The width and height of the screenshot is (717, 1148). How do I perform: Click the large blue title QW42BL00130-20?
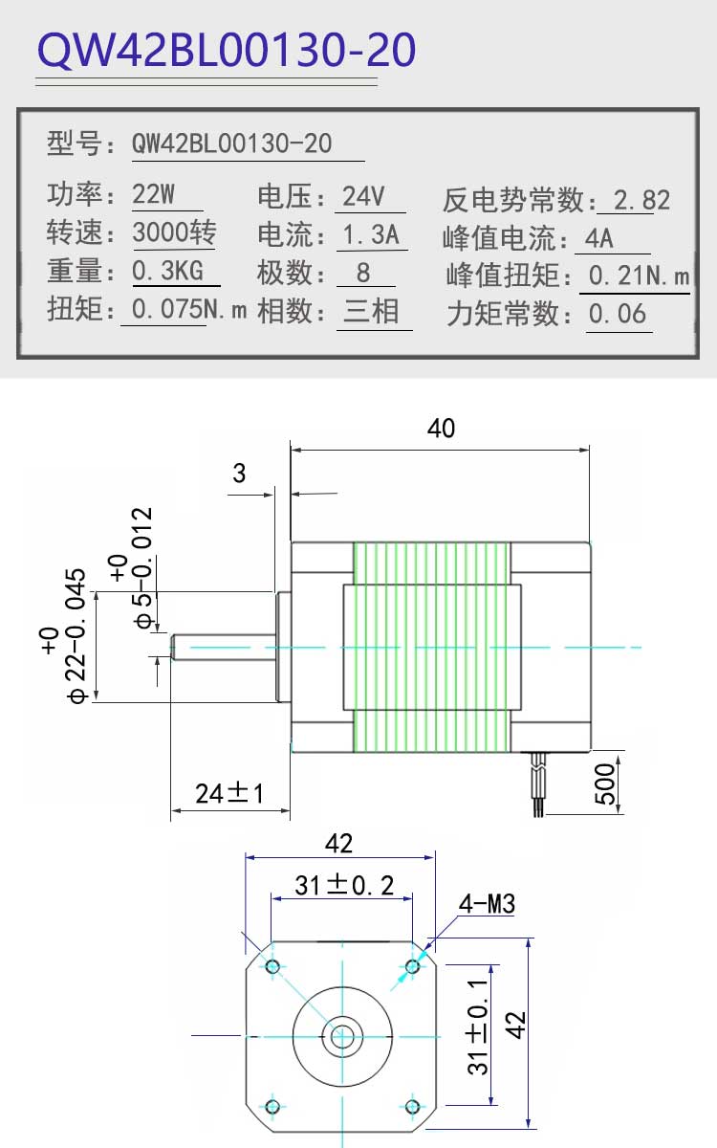click(x=227, y=50)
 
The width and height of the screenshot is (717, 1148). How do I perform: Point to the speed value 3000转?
click(x=175, y=232)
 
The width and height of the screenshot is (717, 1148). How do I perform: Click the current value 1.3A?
click(x=371, y=234)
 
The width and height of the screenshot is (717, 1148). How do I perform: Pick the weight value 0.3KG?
click(x=167, y=270)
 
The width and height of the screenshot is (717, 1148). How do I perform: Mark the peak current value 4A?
click(x=599, y=238)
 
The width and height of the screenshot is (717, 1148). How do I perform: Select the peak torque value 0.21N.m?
click(x=640, y=276)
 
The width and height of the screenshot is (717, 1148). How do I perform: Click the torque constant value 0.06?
click(x=618, y=314)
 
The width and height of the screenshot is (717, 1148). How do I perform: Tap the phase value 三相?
click(x=371, y=311)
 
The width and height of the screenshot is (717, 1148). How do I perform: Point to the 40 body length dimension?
click(x=441, y=428)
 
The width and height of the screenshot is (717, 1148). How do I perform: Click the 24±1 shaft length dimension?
click(x=228, y=793)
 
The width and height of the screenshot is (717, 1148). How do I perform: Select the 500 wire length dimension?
click(x=605, y=784)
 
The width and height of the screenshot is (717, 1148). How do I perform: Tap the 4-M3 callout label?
click(x=487, y=903)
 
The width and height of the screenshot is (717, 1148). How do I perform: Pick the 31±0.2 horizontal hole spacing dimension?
click(x=344, y=885)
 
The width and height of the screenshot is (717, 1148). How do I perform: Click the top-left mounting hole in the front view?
click(x=272, y=967)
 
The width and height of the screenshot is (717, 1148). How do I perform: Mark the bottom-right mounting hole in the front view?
click(x=413, y=1107)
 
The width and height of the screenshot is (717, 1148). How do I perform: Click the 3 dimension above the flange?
click(x=239, y=473)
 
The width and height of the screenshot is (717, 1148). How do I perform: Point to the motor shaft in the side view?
click(x=224, y=648)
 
